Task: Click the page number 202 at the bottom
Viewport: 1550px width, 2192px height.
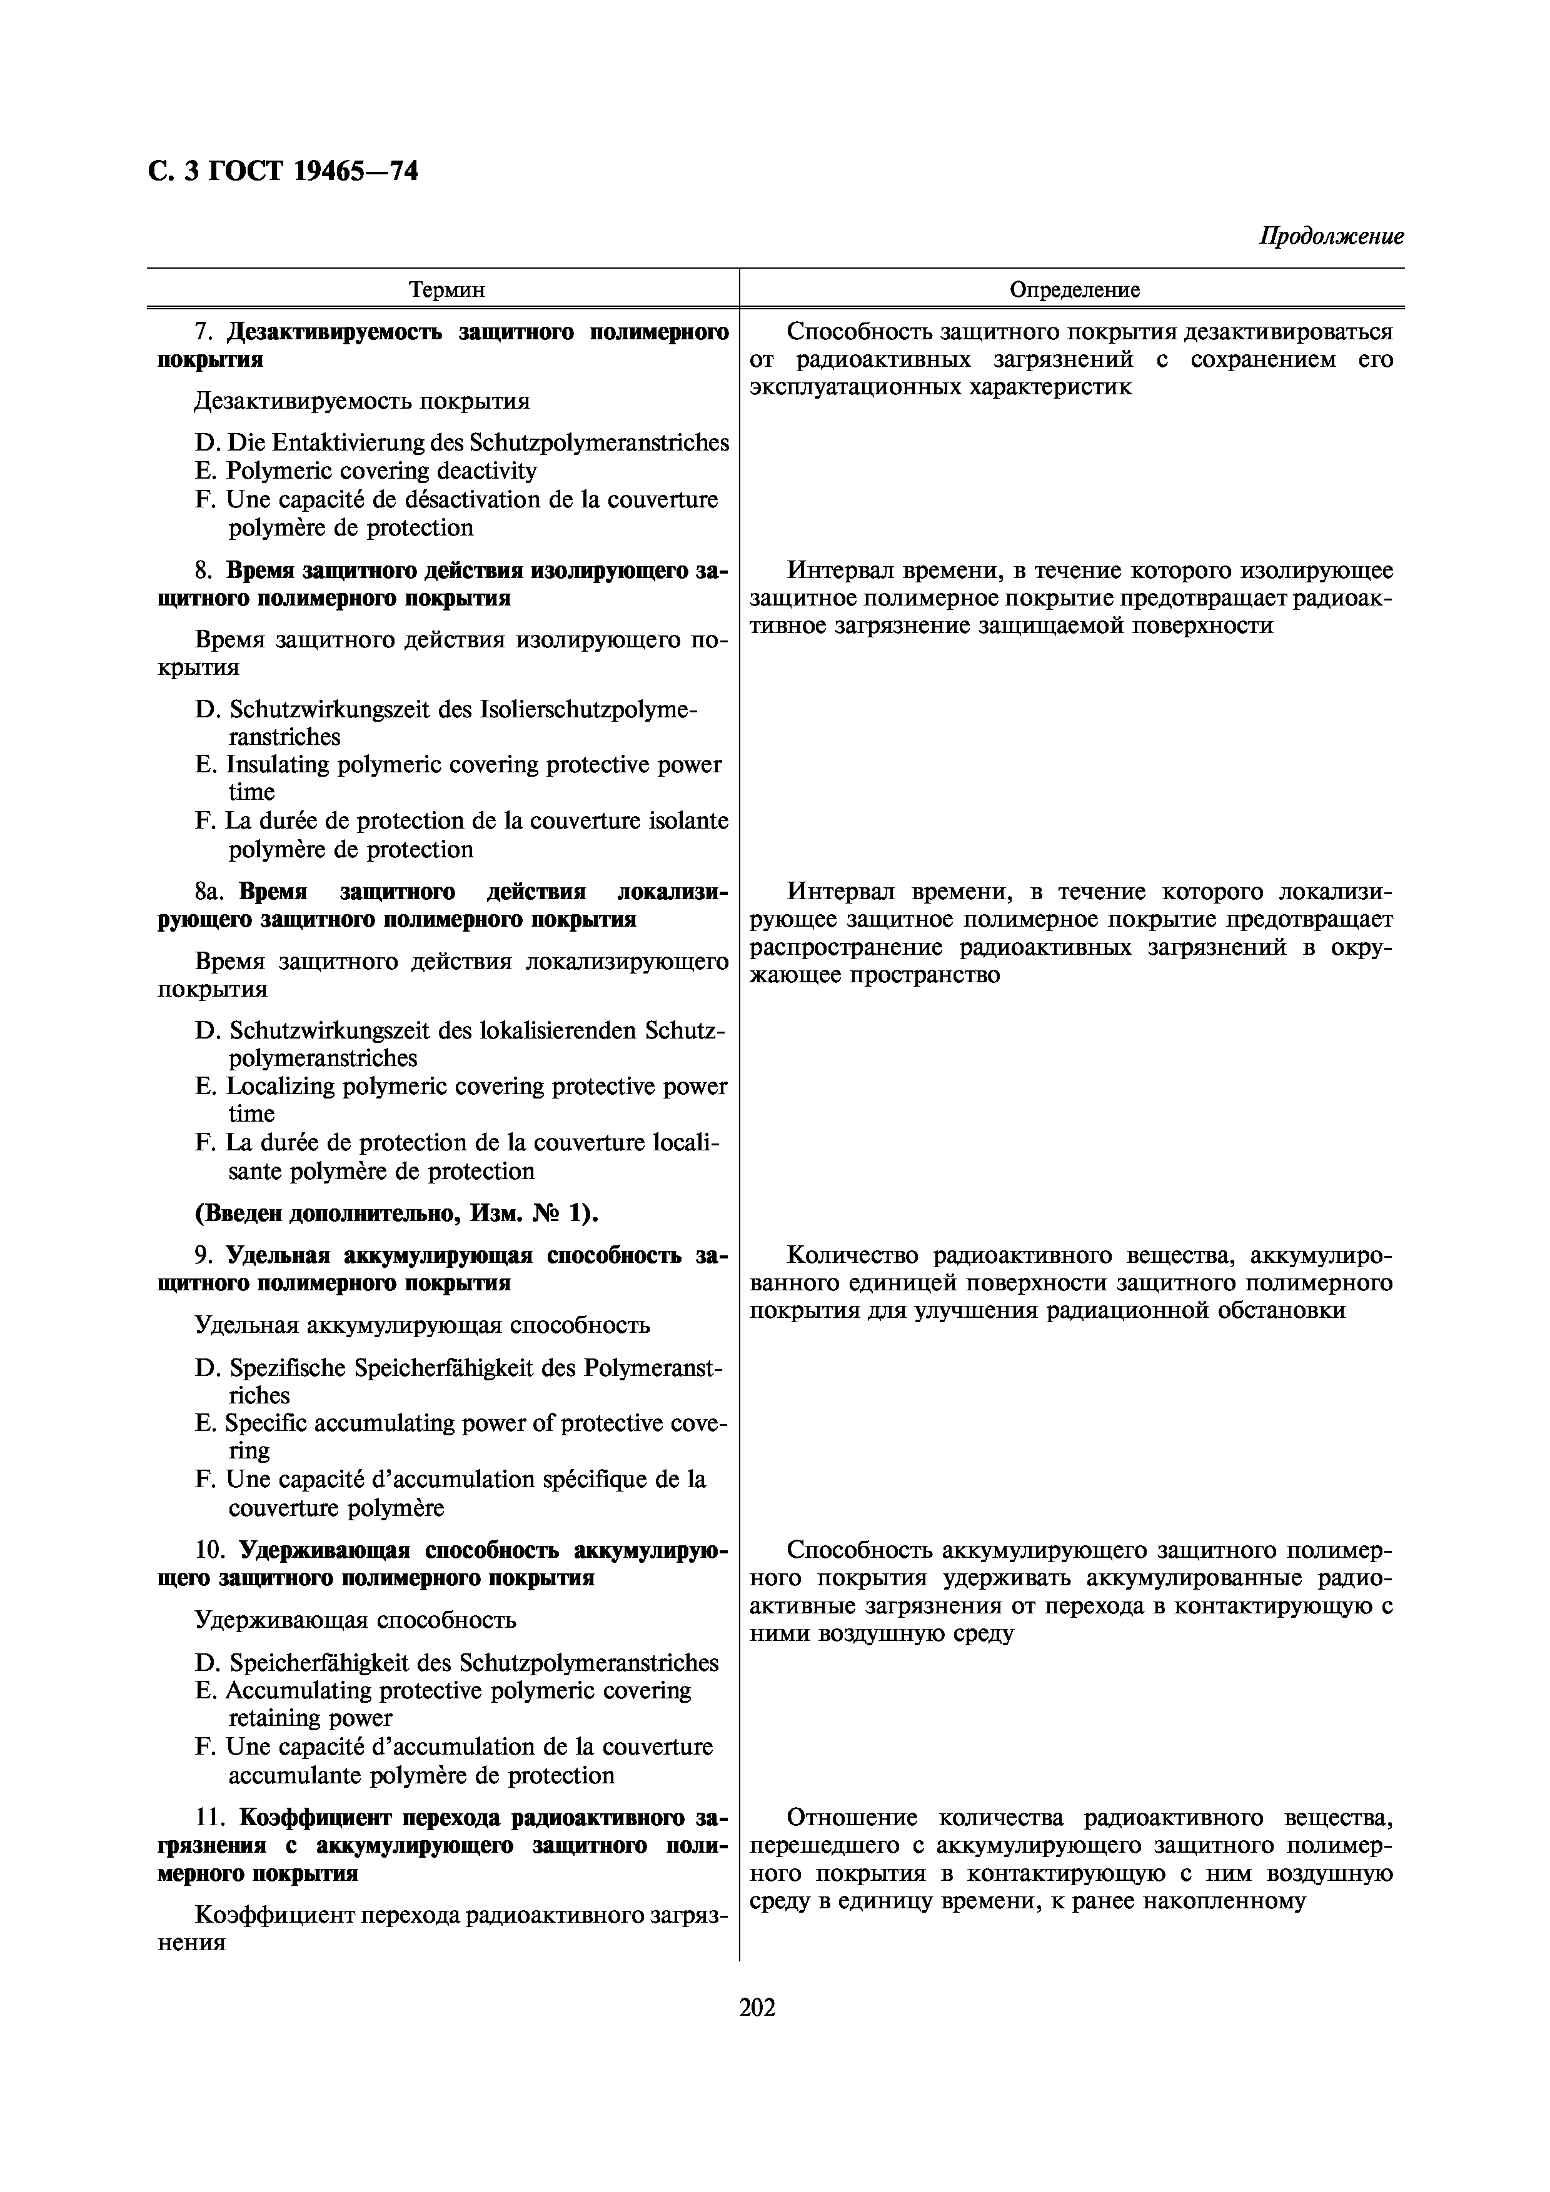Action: click(x=757, y=2007)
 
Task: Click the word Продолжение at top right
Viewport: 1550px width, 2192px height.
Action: click(x=1331, y=236)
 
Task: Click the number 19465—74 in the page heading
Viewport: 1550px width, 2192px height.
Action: click(x=355, y=171)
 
